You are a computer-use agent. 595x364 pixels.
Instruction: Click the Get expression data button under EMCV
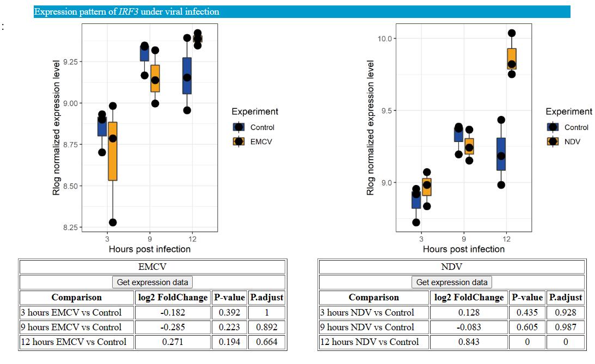pos(152,282)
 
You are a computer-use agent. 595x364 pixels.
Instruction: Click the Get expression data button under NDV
pos(452,282)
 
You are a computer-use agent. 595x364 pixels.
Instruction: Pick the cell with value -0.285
pos(172,327)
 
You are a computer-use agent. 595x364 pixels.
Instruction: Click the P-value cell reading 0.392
pos(229,312)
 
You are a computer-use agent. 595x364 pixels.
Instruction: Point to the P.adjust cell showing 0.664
pos(266,342)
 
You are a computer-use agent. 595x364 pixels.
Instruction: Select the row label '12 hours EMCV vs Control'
pos(73,342)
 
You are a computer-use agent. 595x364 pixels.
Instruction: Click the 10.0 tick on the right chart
pos(385,39)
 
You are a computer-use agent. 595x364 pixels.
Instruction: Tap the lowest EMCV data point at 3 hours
pos(113,223)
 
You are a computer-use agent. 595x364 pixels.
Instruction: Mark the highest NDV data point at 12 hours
pos(512,33)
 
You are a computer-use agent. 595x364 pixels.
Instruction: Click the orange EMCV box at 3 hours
pos(113,151)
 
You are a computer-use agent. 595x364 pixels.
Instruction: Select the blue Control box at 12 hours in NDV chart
pos(501,154)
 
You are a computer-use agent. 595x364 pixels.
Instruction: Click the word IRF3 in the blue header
pos(128,11)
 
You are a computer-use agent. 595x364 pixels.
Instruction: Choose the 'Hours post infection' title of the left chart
pos(150,249)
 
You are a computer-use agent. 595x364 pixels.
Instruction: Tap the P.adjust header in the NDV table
pos(565,297)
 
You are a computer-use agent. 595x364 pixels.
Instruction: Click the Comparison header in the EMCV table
pos(77,297)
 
